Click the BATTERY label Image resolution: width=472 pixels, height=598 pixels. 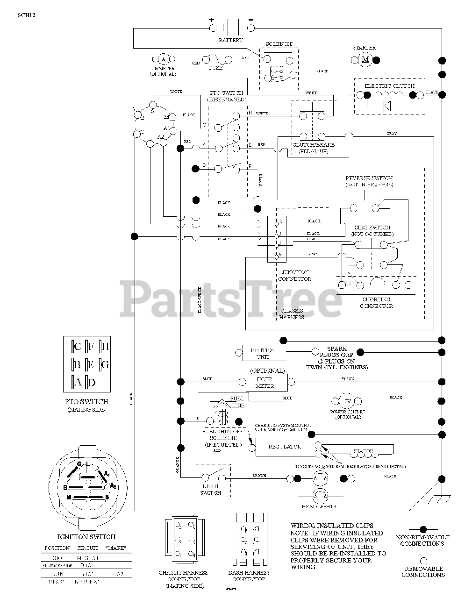click(230, 40)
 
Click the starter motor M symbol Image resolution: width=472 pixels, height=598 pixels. click(365, 60)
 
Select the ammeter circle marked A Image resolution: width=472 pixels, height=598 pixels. click(163, 59)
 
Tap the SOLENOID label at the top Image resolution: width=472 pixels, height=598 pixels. click(279, 44)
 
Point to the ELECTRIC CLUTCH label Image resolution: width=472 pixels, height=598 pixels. click(389, 86)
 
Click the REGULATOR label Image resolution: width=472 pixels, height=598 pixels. click(285, 447)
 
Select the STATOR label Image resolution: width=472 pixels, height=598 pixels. click(363, 451)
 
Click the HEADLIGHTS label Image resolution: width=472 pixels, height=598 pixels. click(319, 506)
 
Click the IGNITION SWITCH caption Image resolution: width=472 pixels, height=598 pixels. click(86, 537)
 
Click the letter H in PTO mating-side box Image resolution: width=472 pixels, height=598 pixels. click(105, 346)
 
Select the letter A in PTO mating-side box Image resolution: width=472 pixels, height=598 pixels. click(78, 382)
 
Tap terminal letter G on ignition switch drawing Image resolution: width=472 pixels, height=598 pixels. click(79, 463)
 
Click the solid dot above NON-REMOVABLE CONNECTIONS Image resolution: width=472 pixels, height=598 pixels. click(423, 529)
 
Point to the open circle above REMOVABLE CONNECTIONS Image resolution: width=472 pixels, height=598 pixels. click(423, 560)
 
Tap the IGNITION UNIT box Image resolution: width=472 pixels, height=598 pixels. click(263, 353)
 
